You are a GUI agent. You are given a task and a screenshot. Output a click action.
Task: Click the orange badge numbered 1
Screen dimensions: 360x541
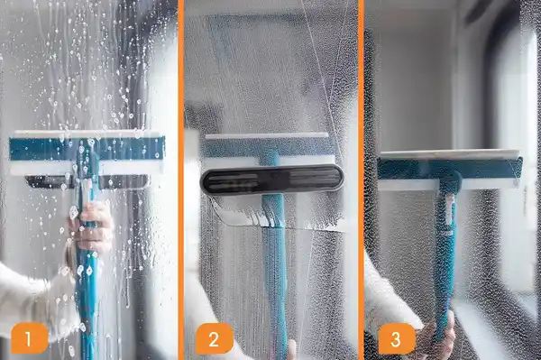(x=29, y=340)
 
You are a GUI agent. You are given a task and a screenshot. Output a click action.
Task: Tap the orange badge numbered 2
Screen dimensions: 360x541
(x=214, y=340)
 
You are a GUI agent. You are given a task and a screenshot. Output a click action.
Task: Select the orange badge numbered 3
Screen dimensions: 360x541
(x=396, y=340)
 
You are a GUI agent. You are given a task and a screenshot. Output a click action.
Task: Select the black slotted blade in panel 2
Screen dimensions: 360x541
(x=272, y=179)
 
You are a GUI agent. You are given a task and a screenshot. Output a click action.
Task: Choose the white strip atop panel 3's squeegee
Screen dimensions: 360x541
(x=449, y=153)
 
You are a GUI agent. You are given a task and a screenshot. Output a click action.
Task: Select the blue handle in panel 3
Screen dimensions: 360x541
(x=445, y=262)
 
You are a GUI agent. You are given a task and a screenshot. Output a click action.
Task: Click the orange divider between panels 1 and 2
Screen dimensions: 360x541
(x=180, y=180)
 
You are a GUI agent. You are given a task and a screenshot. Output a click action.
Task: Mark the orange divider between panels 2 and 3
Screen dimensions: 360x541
(x=361, y=180)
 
